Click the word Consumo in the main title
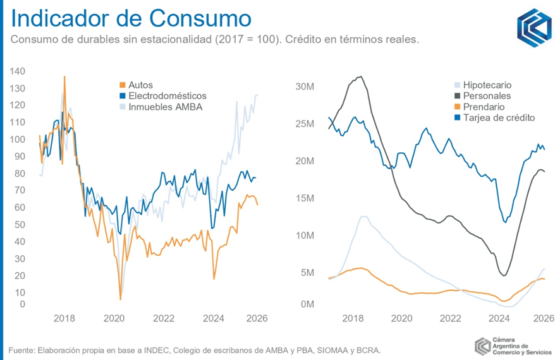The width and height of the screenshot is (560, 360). (x=200, y=18)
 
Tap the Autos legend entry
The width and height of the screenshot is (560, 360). (x=136, y=85)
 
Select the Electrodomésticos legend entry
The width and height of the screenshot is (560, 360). (x=163, y=96)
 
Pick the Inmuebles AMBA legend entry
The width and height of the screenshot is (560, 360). (x=161, y=107)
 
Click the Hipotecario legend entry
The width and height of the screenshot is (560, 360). (x=483, y=85)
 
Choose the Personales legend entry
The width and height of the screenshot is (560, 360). (x=482, y=96)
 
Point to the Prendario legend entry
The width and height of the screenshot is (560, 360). (x=479, y=107)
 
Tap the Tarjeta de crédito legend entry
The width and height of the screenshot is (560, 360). (x=495, y=117)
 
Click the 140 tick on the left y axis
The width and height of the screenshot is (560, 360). (x=18, y=71)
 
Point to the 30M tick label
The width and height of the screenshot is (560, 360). (x=305, y=87)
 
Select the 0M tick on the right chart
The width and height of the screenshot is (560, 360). (x=307, y=304)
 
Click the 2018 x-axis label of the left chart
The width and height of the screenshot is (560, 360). (x=64, y=318)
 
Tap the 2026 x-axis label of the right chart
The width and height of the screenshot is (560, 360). (x=544, y=318)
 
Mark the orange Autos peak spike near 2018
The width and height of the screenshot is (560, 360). (x=64, y=76)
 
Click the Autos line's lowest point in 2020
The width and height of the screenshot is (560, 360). (x=120, y=299)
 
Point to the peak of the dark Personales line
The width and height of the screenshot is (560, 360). (x=361, y=76)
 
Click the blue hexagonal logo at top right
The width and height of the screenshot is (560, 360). (x=534, y=28)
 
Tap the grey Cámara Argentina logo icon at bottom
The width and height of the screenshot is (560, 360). (x=483, y=346)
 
